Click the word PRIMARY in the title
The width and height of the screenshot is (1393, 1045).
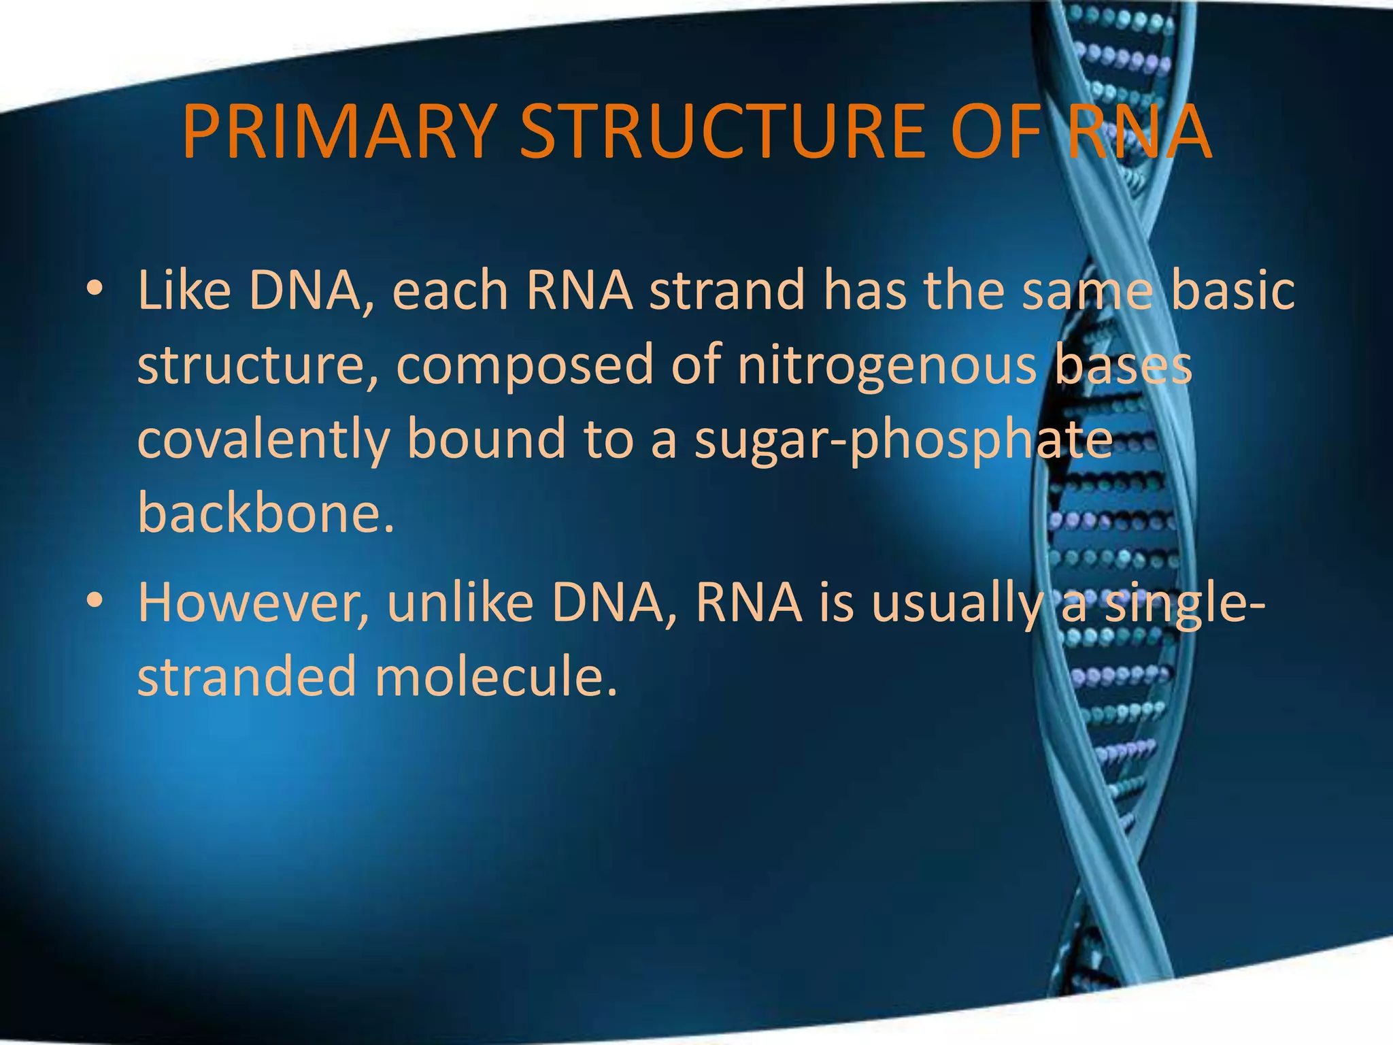[x=337, y=131]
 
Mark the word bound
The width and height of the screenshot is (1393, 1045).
[x=486, y=439]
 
